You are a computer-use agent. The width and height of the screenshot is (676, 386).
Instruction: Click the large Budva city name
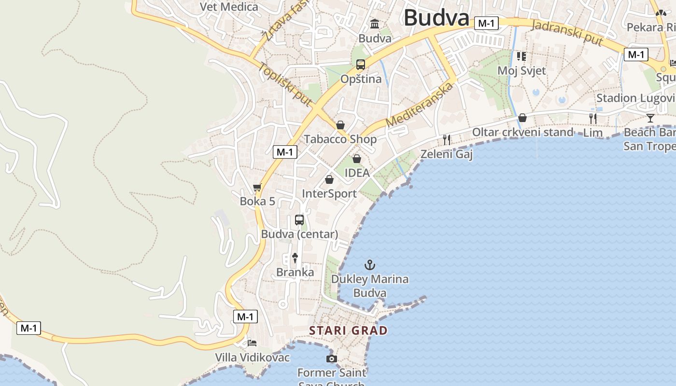click(437, 18)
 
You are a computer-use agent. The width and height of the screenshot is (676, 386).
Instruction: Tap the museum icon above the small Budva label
click(375, 24)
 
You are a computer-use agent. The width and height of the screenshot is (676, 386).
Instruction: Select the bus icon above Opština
click(361, 65)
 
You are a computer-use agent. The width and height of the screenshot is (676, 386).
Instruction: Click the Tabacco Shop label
click(340, 139)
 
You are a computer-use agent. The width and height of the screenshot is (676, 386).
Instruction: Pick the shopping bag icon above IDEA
click(357, 158)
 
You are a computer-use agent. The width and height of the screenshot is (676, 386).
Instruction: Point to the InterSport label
click(329, 194)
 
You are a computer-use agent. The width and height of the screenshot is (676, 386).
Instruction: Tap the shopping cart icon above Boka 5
click(257, 187)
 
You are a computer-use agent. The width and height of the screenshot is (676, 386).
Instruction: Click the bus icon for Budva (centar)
click(299, 220)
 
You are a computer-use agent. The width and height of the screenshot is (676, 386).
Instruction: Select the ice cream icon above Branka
click(295, 258)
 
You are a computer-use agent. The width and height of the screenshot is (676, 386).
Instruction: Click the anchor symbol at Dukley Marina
click(370, 264)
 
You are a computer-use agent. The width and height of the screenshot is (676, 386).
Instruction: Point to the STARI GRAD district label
click(348, 331)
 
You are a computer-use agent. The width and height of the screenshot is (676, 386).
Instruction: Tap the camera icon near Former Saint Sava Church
click(331, 358)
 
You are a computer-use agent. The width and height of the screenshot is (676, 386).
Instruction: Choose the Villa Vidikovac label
click(252, 358)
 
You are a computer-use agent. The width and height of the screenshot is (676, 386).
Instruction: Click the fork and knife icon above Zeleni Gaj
click(447, 140)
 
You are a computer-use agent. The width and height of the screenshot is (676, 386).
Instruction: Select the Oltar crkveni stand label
click(522, 132)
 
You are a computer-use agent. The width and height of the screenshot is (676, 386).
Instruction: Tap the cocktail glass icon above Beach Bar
click(651, 118)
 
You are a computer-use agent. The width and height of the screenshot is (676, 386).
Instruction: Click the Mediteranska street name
click(421, 105)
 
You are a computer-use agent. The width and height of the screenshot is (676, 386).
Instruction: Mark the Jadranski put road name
click(567, 32)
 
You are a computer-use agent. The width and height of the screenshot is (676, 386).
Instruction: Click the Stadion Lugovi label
click(635, 98)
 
